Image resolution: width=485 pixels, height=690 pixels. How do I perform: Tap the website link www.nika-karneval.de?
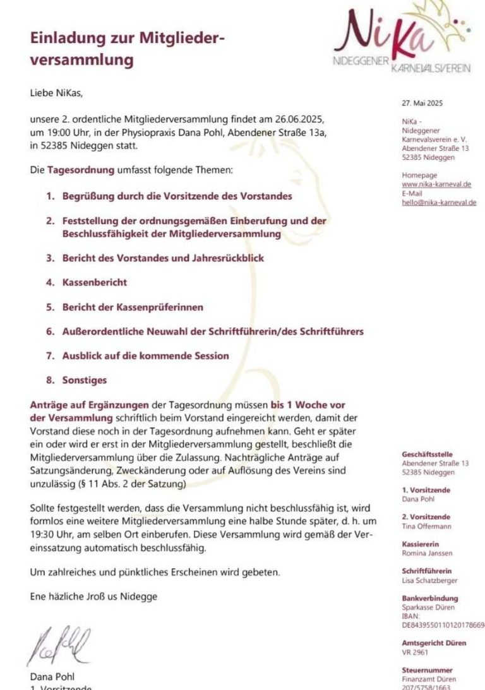[x=436, y=184]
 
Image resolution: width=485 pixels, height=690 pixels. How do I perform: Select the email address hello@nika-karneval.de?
[x=439, y=202]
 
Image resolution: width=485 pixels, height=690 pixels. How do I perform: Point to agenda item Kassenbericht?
[x=94, y=282]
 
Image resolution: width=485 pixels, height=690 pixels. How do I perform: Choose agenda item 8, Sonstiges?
[x=84, y=380]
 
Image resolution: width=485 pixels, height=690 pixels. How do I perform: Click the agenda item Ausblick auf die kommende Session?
[x=145, y=355]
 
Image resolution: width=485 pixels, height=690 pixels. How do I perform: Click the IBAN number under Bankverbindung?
[x=443, y=624]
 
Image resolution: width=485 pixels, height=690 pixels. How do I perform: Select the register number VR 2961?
[x=415, y=651]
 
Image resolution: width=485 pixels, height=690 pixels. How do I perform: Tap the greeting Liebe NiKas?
[x=56, y=93]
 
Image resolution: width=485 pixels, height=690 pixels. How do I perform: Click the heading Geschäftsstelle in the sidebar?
[x=427, y=454]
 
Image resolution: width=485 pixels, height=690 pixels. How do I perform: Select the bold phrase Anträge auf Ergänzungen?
[x=89, y=404]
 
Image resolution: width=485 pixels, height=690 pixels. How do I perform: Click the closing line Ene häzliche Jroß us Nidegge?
[x=93, y=596]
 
